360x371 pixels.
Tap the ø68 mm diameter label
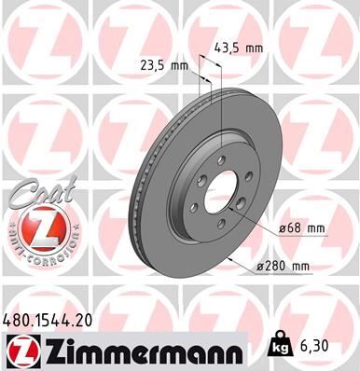(301, 227)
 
